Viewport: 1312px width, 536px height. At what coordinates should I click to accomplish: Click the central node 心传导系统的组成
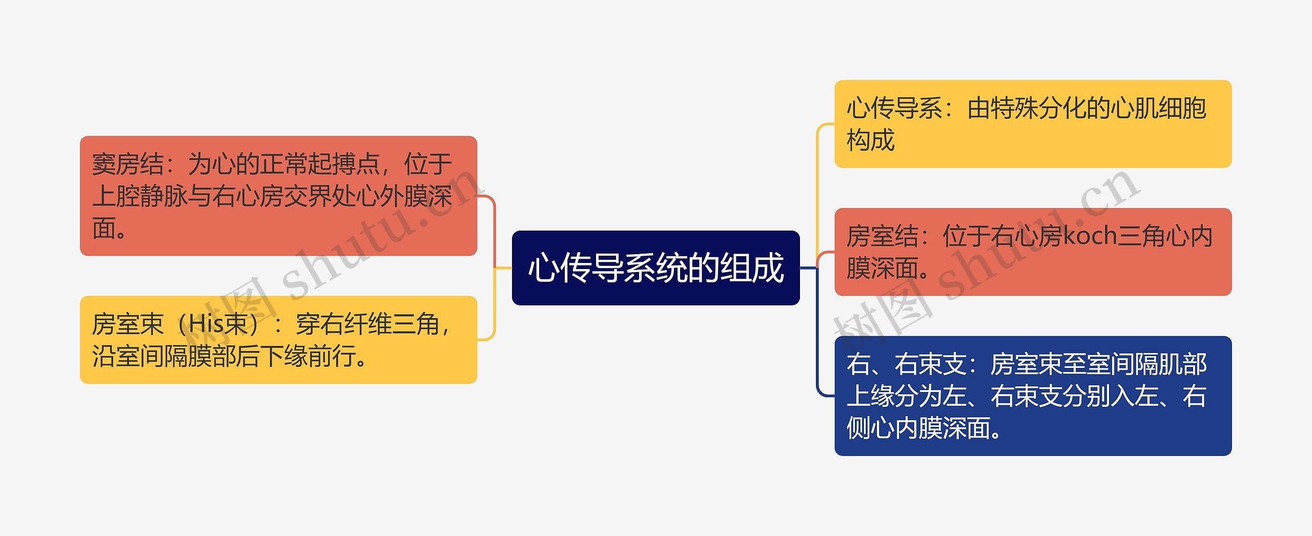pos(655,267)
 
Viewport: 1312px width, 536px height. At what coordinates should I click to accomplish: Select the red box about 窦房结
pos(278,196)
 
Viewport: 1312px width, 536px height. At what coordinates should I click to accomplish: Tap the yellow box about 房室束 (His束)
pos(278,340)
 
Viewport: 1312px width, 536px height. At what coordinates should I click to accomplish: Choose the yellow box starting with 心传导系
pos(1033,124)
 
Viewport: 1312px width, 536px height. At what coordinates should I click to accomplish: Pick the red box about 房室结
pos(1033,252)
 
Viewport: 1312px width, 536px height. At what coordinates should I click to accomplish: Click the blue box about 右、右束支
pos(1033,396)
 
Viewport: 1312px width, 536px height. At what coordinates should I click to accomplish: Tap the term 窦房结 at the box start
pos(128,164)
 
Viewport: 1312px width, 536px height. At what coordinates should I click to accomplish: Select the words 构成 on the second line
pos(870,140)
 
